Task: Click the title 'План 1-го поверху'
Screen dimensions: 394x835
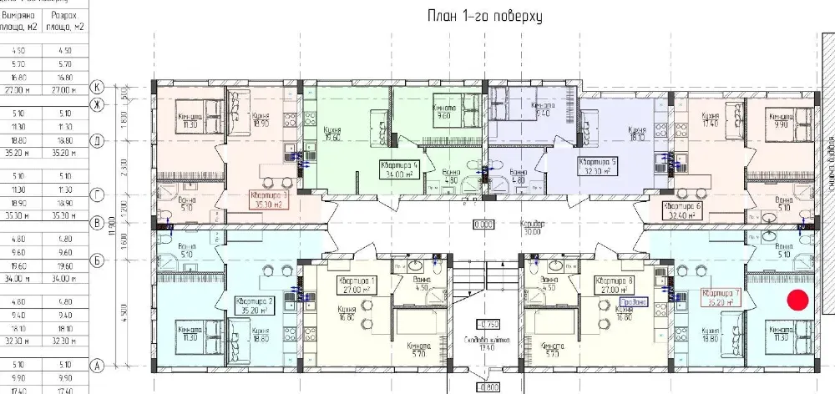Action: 473,16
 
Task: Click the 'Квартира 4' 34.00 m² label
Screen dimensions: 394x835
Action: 398,169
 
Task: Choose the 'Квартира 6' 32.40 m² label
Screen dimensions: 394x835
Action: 681,210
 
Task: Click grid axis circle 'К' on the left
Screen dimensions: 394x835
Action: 97,86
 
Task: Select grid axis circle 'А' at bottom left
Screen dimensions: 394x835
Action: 97,364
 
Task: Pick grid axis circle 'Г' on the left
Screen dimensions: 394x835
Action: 97,194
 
